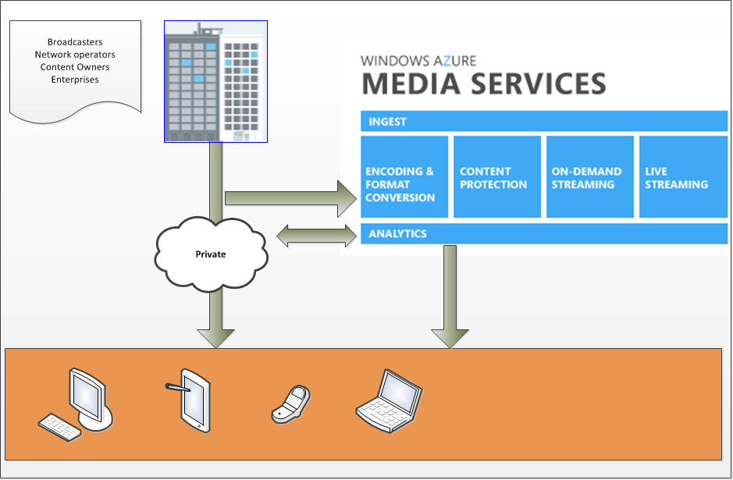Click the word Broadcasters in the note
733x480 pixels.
[75, 42]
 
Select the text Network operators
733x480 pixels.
[75, 55]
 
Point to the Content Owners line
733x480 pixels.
[75, 67]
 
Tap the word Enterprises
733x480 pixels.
[75, 80]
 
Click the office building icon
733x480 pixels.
[215, 82]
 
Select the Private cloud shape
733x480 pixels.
[211, 254]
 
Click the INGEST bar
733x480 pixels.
[544, 122]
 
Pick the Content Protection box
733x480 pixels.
[497, 177]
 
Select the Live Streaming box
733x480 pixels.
[683, 177]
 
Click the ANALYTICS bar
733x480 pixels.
[544, 233]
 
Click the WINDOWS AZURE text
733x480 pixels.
[418, 60]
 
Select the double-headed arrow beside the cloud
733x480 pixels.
[316, 233]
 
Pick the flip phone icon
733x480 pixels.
[291, 404]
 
